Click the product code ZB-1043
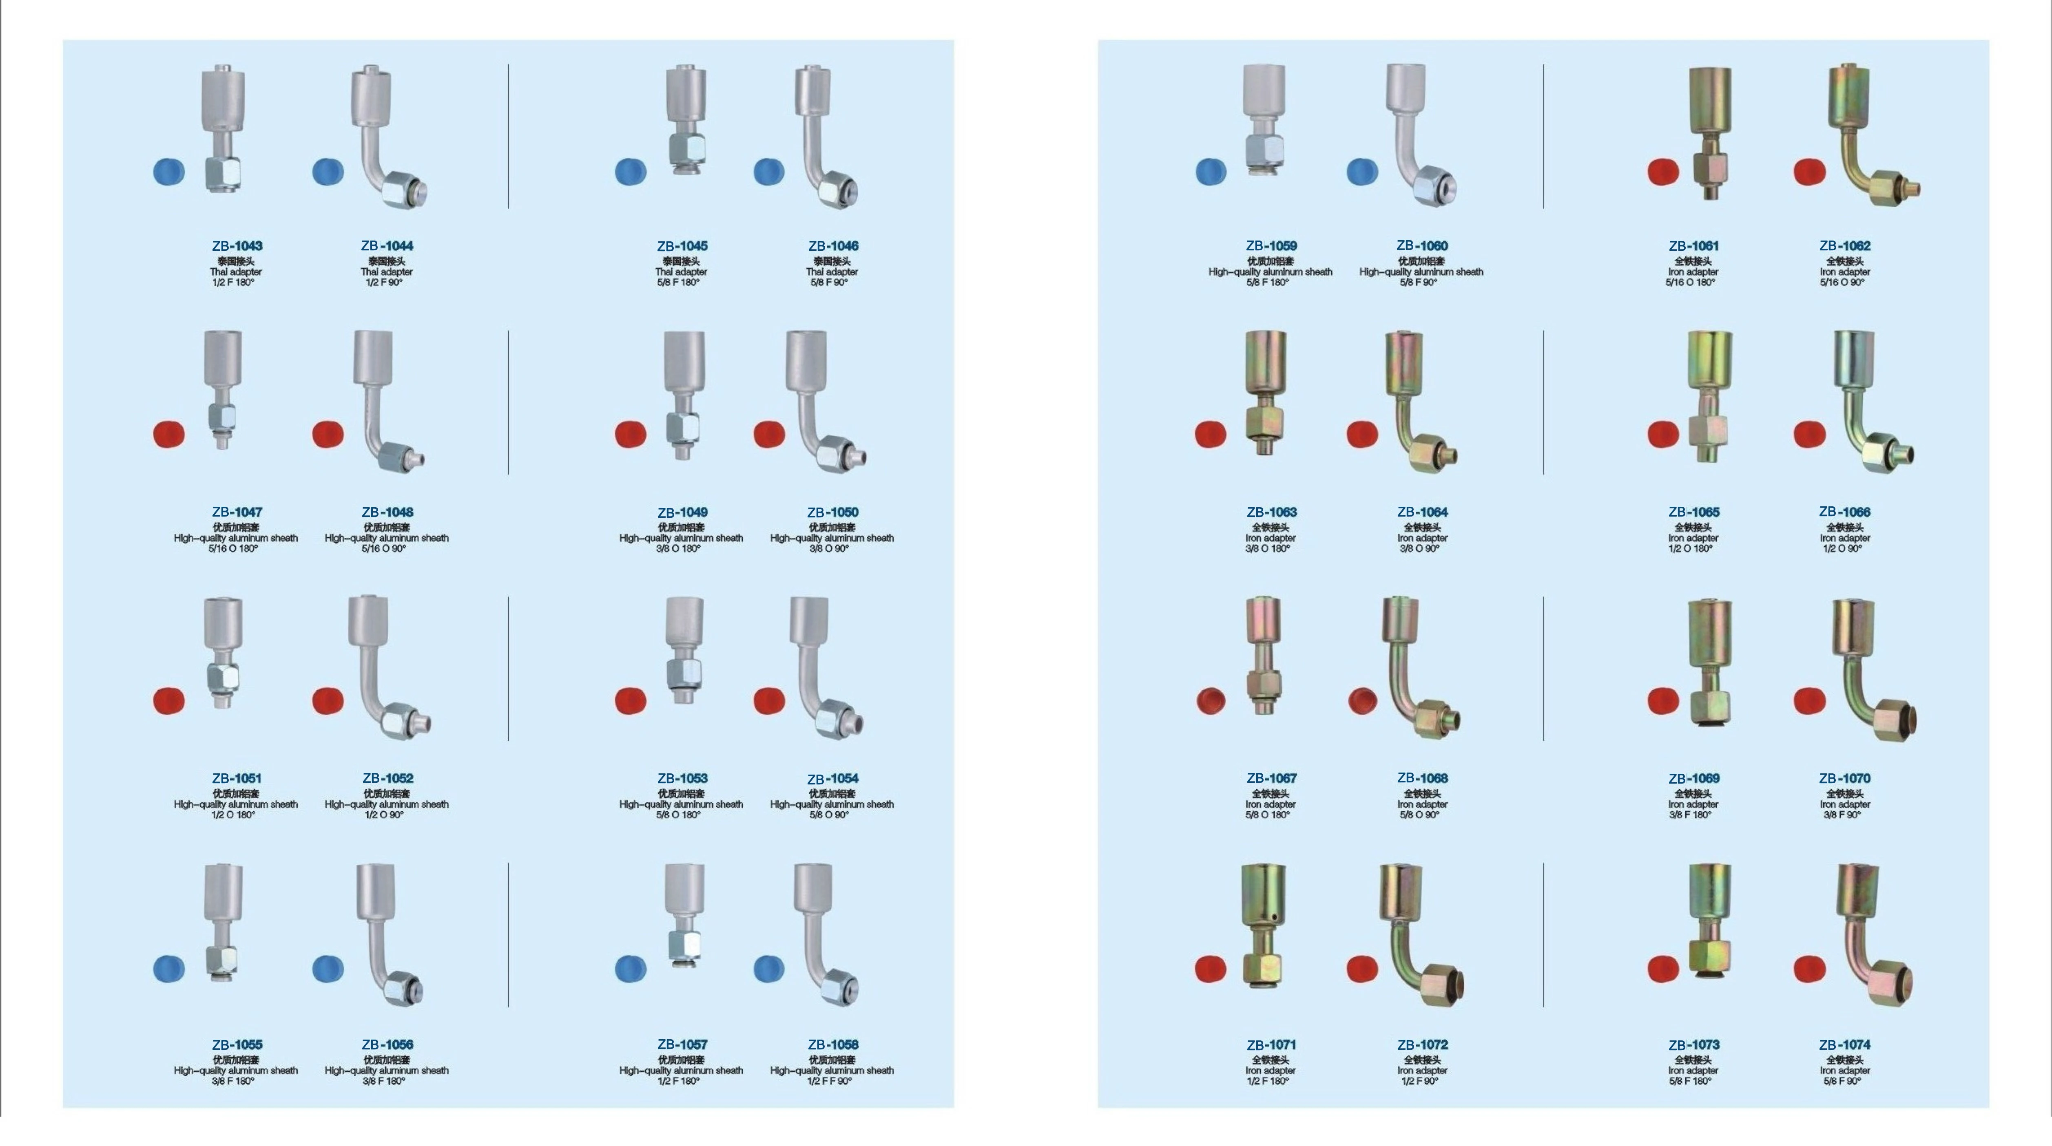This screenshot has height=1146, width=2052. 237,246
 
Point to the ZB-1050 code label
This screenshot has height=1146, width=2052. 832,512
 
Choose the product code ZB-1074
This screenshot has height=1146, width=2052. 1845,1044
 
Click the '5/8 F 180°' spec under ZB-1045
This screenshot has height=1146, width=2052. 679,283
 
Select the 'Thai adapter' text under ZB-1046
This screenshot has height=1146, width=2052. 832,272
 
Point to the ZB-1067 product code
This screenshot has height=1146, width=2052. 1271,778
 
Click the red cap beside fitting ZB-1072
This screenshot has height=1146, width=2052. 1362,968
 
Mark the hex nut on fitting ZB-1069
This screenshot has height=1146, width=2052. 1709,707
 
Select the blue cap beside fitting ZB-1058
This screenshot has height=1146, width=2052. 769,968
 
